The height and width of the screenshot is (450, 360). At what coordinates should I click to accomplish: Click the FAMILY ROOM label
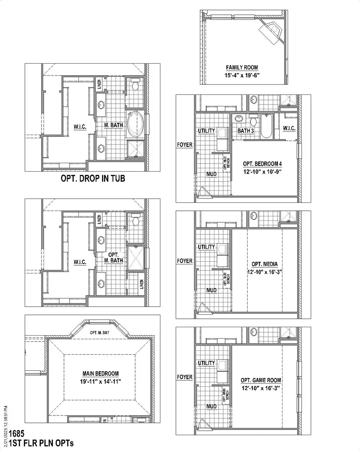242,68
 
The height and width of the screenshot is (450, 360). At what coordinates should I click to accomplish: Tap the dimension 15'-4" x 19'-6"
242,75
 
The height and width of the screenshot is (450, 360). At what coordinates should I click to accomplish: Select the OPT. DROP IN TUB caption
93,178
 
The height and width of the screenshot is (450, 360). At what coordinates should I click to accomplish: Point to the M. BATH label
113,126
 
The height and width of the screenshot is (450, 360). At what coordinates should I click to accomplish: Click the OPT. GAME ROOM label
261,380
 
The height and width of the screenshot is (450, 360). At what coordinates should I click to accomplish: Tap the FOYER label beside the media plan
184,261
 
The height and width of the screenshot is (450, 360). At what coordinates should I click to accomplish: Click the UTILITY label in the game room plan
206,363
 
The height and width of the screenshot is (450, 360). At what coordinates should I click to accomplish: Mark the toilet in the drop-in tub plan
135,85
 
